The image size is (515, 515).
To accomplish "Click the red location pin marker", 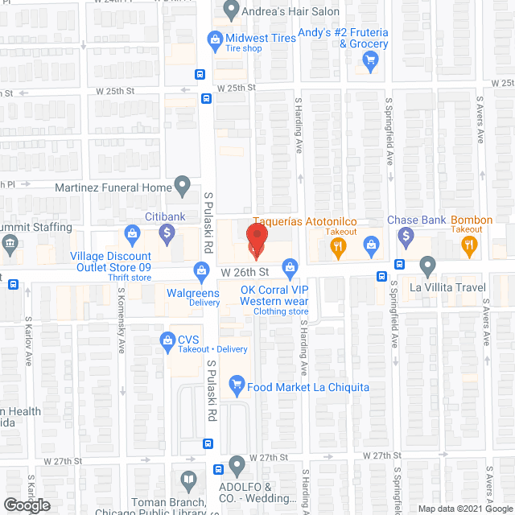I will pyautogui.click(x=256, y=242).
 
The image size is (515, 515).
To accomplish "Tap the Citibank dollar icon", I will pyautogui.click(x=167, y=235).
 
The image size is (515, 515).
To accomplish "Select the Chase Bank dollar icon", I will pyautogui.click(x=406, y=237).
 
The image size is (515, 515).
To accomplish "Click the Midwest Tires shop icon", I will pyautogui.click(x=215, y=38).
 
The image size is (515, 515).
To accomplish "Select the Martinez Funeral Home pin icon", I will pyautogui.click(x=183, y=187).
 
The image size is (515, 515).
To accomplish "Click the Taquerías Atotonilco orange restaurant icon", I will pyautogui.click(x=339, y=249).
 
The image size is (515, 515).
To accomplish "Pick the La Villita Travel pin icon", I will pyautogui.click(x=427, y=265).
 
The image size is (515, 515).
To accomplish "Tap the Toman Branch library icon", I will pyautogui.click(x=188, y=482).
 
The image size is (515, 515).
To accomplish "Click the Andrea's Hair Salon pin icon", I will pyautogui.click(x=232, y=11).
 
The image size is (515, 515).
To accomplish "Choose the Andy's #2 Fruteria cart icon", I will pyautogui.click(x=370, y=60).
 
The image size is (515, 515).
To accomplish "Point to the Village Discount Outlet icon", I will pyautogui.click(x=131, y=235).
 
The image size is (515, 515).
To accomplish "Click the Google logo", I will pyautogui.click(x=26, y=505).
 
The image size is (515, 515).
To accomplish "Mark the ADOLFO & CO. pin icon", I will pyautogui.click(x=237, y=465).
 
